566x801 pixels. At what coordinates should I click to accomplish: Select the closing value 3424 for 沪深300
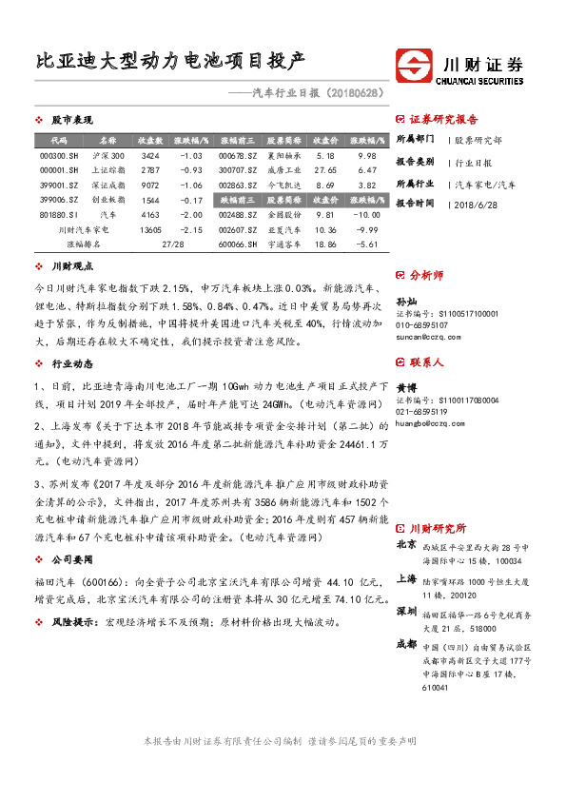[x=149, y=155]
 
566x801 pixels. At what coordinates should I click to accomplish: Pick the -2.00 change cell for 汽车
[x=192, y=215]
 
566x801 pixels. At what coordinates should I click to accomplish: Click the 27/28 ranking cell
[x=172, y=244]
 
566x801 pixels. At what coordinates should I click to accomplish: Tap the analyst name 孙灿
[x=407, y=301]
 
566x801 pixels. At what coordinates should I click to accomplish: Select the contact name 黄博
[x=407, y=388]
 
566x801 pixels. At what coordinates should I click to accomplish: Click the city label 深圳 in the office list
[x=406, y=610]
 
